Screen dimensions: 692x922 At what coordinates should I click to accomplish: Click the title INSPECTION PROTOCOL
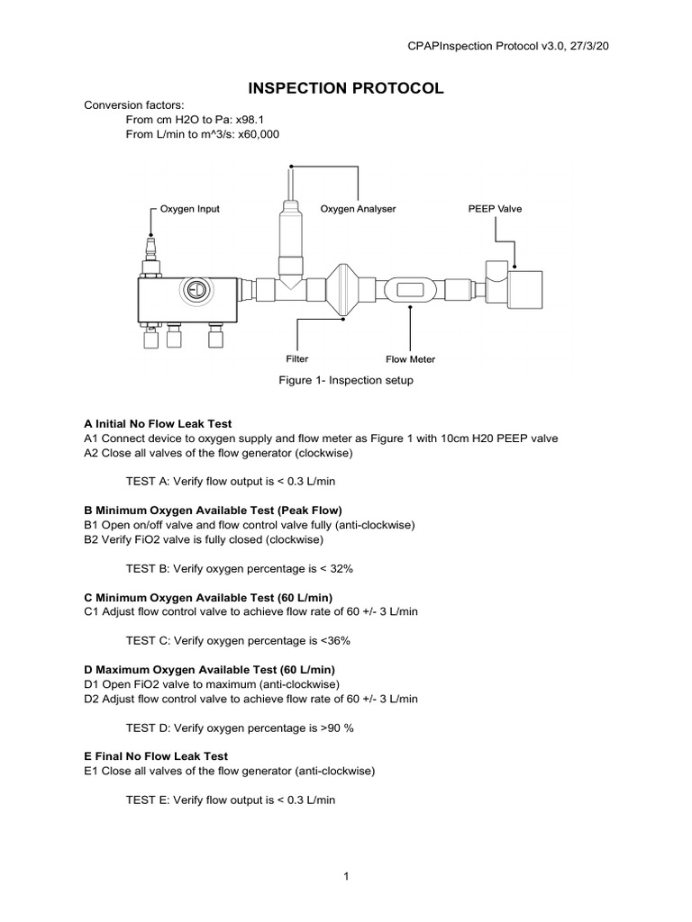(x=345, y=88)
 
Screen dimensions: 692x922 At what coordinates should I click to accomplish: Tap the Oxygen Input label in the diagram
(x=189, y=209)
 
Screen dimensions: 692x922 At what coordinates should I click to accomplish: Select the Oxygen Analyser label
(x=358, y=209)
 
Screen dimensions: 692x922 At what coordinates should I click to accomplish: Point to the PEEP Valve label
(x=495, y=209)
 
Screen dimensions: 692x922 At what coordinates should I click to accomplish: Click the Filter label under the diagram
(x=297, y=358)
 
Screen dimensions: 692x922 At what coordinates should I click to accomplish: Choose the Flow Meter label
(x=410, y=359)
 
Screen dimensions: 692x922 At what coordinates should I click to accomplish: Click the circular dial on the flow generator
(x=194, y=290)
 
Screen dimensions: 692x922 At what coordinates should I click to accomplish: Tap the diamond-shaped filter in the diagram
(x=345, y=290)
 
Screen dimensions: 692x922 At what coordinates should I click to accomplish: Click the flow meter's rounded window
(x=410, y=290)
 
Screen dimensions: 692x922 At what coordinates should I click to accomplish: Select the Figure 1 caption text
(x=345, y=380)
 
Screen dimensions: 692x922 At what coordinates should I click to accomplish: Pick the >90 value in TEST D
(x=332, y=728)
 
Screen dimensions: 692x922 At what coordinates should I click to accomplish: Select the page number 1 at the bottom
(x=345, y=878)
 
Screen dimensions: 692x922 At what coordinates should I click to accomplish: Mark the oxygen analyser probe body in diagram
(x=291, y=234)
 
